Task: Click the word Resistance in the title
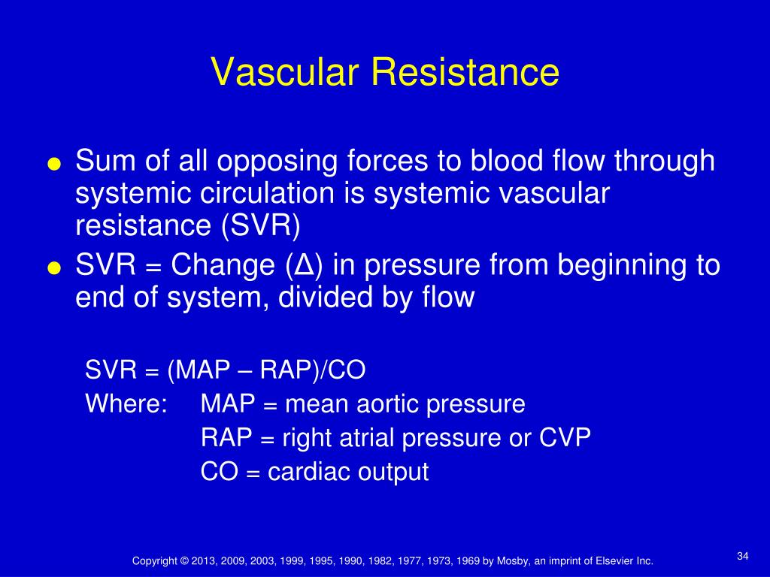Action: (x=465, y=72)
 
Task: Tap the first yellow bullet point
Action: (x=54, y=163)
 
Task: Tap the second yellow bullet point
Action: (x=54, y=268)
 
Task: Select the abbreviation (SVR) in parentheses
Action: (x=261, y=225)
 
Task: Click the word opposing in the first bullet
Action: (x=277, y=162)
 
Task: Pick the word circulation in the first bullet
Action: (x=267, y=193)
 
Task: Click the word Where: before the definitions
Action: (x=126, y=403)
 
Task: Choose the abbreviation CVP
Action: (x=565, y=437)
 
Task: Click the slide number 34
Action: (x=742, y=556)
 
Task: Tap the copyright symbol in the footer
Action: (x=184, y=560)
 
